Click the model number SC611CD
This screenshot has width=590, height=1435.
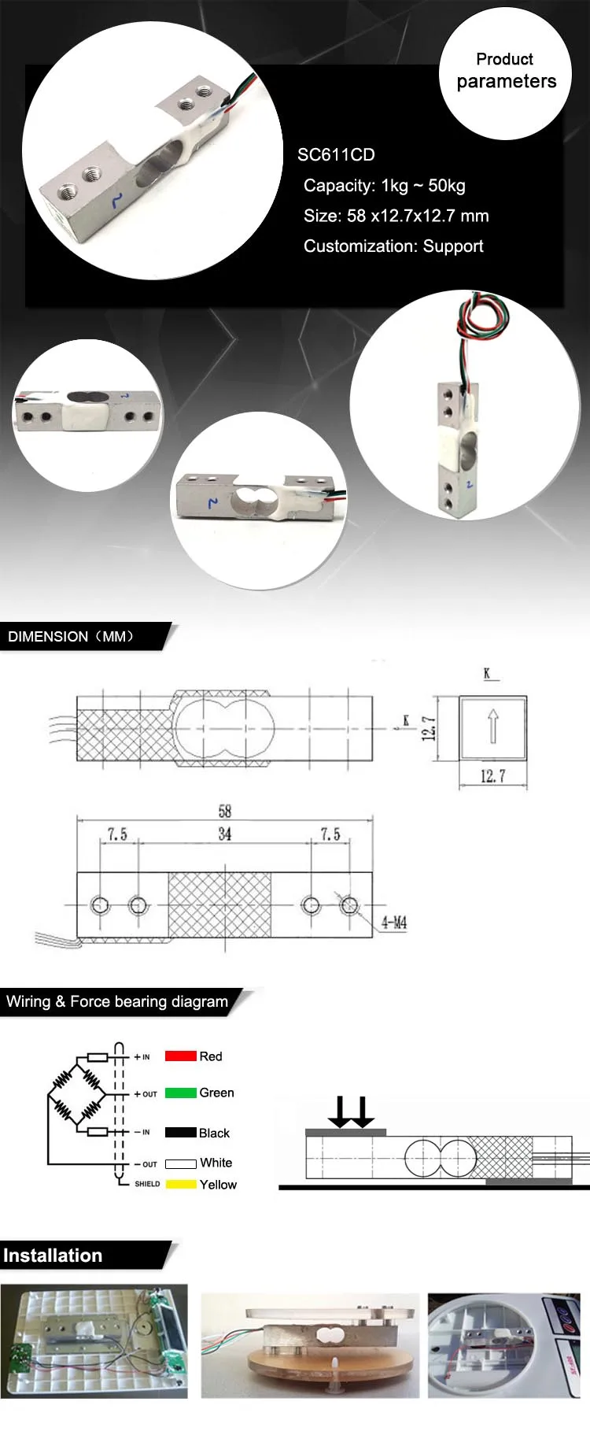click(x=336, y=155)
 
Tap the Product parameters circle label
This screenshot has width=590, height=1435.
click(x=506, y=71)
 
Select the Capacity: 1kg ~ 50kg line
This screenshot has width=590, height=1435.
click(x=384, y=186)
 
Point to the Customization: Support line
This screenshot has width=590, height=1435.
click(x=393, y=246)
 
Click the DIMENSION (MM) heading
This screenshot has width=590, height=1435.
click(x=71, y=637)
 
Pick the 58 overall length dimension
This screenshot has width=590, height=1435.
click(x=225, y=812)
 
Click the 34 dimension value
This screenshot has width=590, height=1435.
click(x=225, y=834)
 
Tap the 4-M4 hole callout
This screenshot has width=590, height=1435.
click(x=394, y=923)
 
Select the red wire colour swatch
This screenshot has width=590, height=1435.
click(x=180, y=1056)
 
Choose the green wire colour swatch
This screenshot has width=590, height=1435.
click(x=180, y=1093)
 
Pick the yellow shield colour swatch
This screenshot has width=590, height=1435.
click(x=180, y=1185)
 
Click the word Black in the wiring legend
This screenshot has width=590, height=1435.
click(x=214, y=1134)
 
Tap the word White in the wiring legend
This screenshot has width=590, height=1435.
click(x=216, y=1163)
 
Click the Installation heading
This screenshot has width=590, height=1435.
click(x=53, y=1256)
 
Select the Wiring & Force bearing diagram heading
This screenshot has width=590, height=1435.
click(x=117, y=1002)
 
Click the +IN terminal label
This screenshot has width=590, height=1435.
click(x=142, y=1057)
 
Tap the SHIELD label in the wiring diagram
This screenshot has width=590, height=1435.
click(x=147, y=1184)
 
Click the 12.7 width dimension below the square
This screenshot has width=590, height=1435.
click(x=492, y=777)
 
